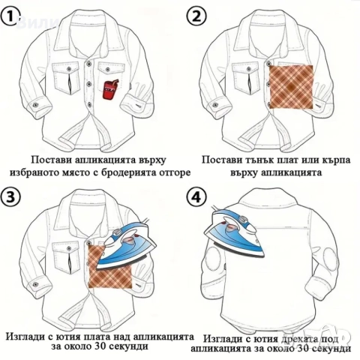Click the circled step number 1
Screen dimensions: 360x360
[x=10, y=16]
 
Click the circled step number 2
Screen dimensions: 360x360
[x=196, y=16]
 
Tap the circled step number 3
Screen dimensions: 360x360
[x=10, y=197]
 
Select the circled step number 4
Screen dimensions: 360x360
[x=196, y=197]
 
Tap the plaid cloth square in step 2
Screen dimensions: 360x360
[x=291, y=87]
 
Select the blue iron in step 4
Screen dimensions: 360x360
[x=234, y=230]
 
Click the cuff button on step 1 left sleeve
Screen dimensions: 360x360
[x=34, y=104]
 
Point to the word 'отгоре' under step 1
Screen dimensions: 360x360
[x=178, y=173]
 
